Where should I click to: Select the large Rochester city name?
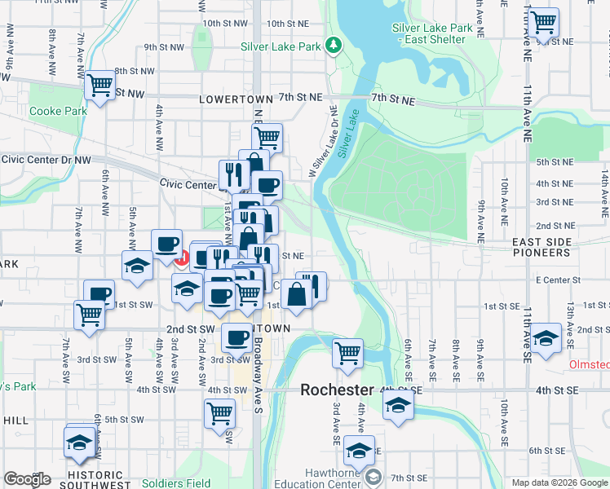(x=337, y=390)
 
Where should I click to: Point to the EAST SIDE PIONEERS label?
(x=541, y=248)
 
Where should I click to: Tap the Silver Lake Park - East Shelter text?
(x=432, y=33)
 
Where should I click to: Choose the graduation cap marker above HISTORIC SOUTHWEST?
(x=79, y=442)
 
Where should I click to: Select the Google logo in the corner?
(x=27, y=479)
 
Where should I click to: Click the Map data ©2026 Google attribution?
(x=558, y=482)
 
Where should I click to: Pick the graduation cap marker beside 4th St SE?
(x=397, y=407)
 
